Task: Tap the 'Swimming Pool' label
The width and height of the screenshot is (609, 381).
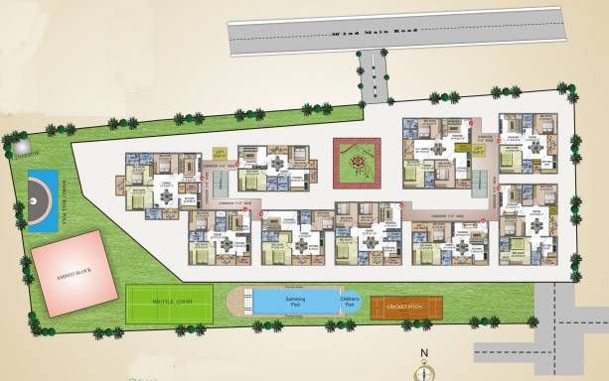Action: click(x=288, y=300)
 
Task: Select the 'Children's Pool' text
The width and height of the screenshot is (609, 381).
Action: click(x=349, y=300)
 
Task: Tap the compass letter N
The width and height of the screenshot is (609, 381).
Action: click(x=424, y=353)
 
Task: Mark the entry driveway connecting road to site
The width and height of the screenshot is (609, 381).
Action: click(x=373, y=78)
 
